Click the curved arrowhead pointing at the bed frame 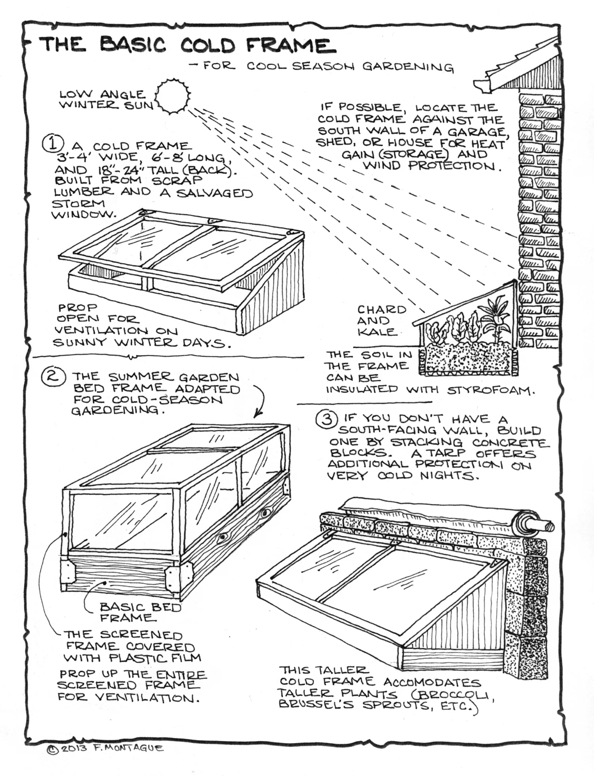pos(257,414)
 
